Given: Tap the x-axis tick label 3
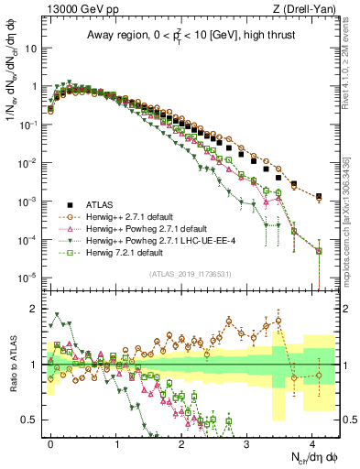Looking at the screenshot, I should point(246,442).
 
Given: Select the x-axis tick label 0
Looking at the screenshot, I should point(50,442).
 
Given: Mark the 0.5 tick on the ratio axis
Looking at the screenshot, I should point(32,420).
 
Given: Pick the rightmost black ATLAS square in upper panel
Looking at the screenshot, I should point(318,196).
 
